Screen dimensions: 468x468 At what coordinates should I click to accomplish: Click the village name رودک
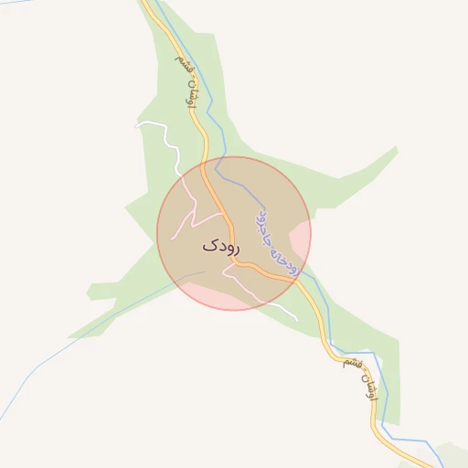point(220,246)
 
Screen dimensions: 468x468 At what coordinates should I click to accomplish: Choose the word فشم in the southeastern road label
point(349,363)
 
